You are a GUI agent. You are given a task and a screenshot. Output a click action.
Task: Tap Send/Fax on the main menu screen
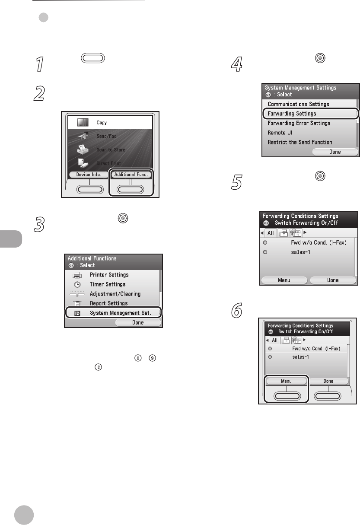106,136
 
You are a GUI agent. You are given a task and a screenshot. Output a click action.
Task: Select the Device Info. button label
89,175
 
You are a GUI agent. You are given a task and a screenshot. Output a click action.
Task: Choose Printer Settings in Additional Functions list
109,275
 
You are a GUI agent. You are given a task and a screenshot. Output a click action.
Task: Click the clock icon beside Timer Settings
77,284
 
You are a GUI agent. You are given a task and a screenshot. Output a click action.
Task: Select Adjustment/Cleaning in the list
115,294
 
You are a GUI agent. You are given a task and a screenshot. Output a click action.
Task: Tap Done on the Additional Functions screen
138,322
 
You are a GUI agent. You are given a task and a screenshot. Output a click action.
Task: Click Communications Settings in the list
298,104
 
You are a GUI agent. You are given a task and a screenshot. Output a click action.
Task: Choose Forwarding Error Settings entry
299,123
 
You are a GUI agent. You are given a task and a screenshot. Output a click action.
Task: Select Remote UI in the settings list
280,133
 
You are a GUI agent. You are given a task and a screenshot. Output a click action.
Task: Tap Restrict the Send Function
300,142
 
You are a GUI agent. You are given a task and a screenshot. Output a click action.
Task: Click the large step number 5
237,182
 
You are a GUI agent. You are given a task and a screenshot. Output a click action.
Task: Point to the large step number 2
39,93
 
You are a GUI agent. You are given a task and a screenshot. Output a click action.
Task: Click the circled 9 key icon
153,358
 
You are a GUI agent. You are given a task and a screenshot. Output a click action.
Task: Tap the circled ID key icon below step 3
98,367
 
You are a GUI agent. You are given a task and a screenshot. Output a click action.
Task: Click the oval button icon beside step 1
93,58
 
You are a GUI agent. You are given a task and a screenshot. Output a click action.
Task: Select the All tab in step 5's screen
271,233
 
